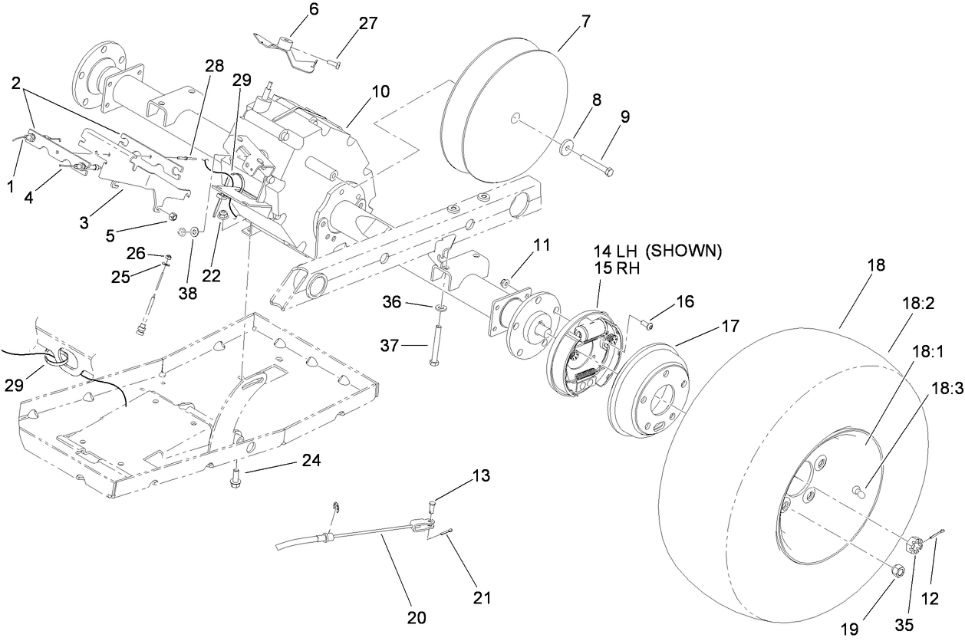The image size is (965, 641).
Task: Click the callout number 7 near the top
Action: [x=586, y=21]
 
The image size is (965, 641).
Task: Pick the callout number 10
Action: [x=381, y=91]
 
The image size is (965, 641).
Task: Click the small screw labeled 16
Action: [x=648, y=326]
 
